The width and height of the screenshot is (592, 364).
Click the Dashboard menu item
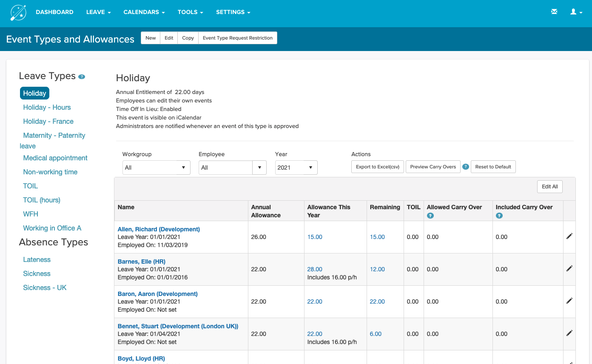point(54,12)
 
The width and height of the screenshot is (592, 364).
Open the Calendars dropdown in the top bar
point(144,12)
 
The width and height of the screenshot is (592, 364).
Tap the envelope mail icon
point(554,12)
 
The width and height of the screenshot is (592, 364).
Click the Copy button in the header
point(188,38)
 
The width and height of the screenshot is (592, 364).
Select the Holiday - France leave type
point(48,121)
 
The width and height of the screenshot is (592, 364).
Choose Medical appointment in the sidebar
point(55,158)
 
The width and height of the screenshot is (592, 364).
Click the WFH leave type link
point(31,214)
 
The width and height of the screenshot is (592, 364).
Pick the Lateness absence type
point(37,259)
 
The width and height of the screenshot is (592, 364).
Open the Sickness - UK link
point(45,287)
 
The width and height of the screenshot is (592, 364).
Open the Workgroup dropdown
point(156,168)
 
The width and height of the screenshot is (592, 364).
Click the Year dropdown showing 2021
point(296,168)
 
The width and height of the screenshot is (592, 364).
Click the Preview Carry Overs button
point(433,167)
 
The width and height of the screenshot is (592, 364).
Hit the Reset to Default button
point(493,167)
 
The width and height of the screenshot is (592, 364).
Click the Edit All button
point(549,187)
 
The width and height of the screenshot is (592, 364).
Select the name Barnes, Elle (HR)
point(142,262)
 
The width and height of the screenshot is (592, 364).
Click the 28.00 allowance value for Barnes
point(315,269)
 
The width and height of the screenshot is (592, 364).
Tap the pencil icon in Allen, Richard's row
point(569,236)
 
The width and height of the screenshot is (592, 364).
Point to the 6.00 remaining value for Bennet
point(376,334)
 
